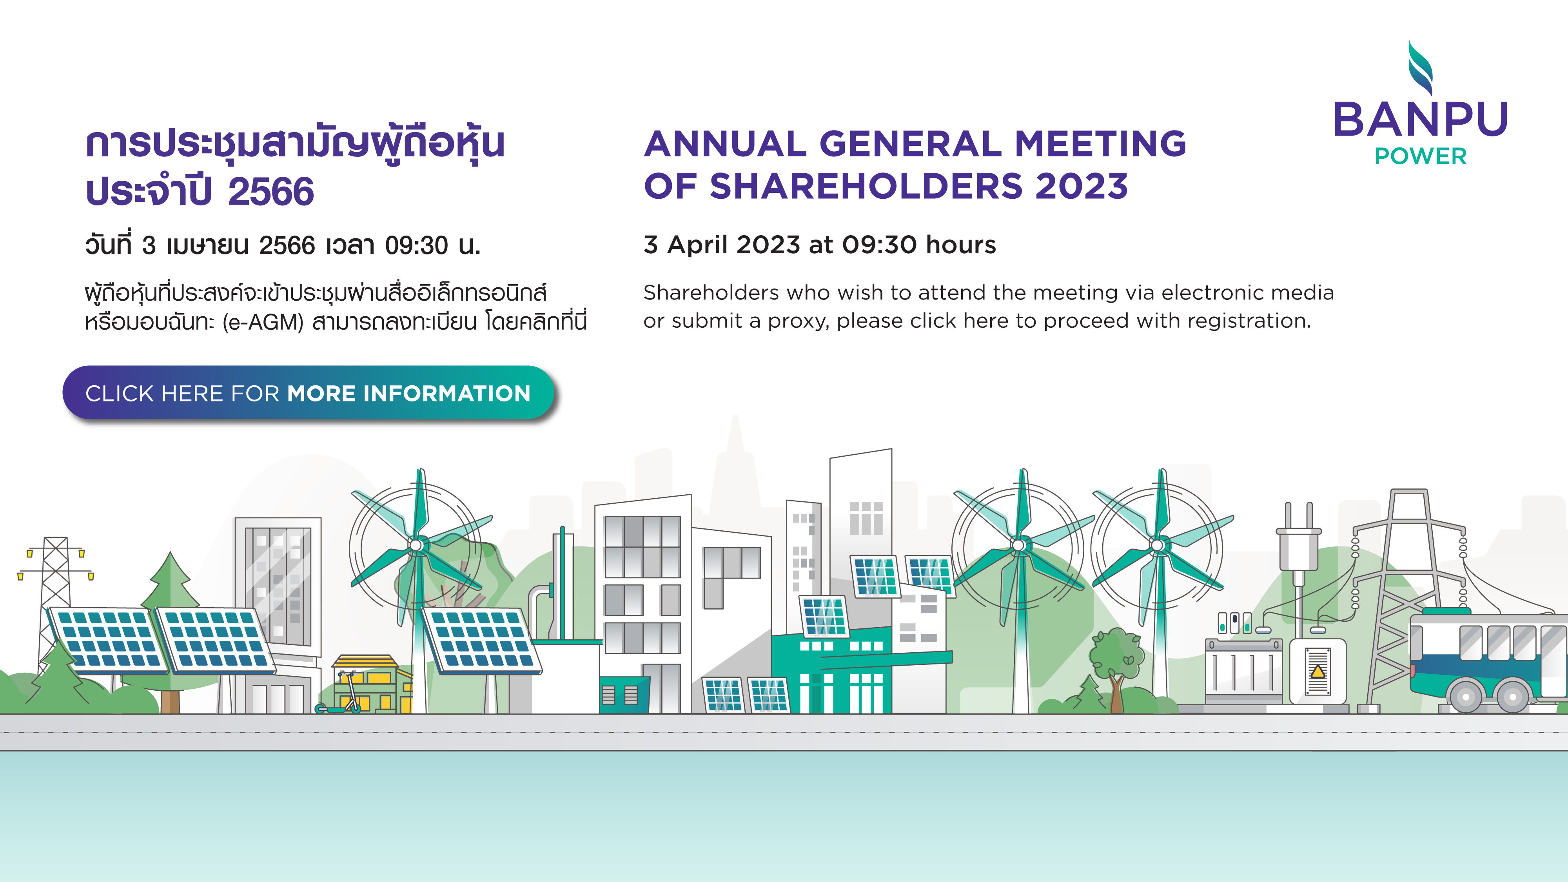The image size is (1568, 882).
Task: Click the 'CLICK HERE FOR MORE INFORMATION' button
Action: [x=308, y=393]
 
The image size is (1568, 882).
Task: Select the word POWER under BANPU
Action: [x=1421, y=156]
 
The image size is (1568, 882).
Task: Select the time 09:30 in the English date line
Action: [x=879, y=245]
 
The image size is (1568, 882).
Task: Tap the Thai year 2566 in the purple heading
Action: [x=271, y=192]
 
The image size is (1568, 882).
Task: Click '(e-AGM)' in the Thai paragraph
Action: [x=263, y=322]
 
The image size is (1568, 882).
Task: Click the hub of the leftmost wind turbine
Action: [x=416, y=545]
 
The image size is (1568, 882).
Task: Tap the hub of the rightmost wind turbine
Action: [x=1157, y=545]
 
